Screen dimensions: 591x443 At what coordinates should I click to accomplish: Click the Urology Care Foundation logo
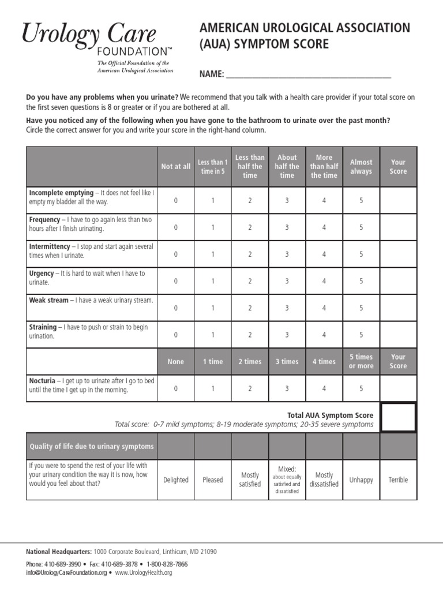[x=97, y=46]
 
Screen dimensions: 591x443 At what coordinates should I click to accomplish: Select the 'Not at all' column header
[x=175, y=167]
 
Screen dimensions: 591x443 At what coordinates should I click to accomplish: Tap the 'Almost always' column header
[x=361, y=167]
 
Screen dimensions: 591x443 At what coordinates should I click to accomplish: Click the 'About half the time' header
[x=287, y=166]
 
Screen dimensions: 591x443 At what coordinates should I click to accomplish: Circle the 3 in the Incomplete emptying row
[x=287, y=201]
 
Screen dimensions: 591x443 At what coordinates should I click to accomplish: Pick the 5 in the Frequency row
[x=361, y=227]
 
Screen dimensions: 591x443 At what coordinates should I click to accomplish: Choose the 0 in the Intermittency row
[x=176, y=255]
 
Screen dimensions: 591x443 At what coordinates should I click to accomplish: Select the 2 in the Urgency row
[x=250, y=281]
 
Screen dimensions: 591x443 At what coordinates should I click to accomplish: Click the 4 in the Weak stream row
[x=324, y=308]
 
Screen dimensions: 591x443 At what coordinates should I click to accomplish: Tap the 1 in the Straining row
[x=213, y=335]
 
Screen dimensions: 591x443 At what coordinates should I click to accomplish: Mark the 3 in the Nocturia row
[x=287, y=388]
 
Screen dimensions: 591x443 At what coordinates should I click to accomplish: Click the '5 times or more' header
[x=361, y=361]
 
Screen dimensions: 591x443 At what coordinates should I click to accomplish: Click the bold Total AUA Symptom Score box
[x=398, y=417]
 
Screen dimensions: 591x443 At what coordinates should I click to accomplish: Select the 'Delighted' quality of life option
[x=176, y=480]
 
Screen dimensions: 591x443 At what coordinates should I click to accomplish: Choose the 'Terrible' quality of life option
[x=398, y=480]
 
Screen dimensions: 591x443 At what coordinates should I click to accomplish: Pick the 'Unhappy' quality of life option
[x=361, y=480]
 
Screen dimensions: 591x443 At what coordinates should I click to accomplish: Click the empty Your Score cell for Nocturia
[x=398, y=388]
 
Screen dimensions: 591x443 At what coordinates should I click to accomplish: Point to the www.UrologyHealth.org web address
[x=144, y=573]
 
